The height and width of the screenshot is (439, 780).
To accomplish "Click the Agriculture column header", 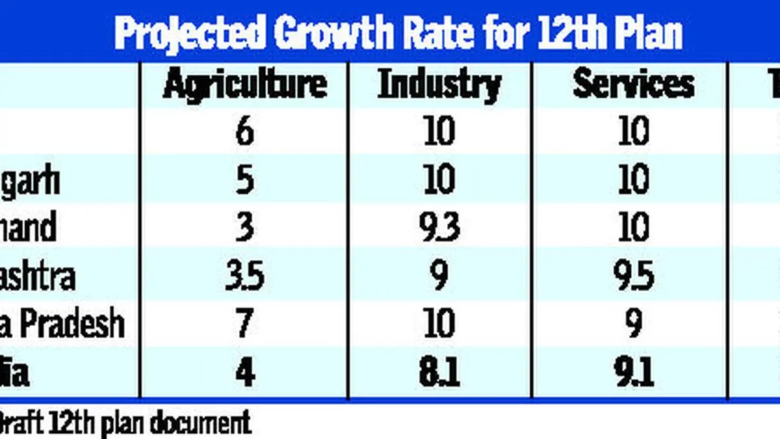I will (244, 85).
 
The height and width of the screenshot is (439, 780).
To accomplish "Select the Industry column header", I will (439, 85).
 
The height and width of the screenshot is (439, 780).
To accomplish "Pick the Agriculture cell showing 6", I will (245, 132).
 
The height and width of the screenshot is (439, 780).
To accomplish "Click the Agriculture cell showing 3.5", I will (245, 276).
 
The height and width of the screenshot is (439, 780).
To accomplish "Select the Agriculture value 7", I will (245, 324).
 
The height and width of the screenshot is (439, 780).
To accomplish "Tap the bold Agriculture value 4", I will (245, 373).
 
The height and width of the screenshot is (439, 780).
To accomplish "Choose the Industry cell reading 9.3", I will (440, 228).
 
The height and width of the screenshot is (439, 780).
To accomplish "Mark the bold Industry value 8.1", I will (440, 373).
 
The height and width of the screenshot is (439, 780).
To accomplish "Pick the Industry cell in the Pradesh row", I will (440, 324).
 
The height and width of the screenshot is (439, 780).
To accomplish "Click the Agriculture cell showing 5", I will (245, 180).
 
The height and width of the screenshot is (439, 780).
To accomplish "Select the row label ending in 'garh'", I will (30, 181).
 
